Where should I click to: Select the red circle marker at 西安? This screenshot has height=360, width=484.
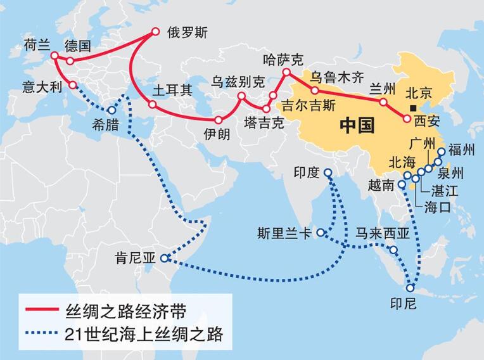[x=407, y=119]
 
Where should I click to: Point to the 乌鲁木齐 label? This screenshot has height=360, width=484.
[x=338, y=78]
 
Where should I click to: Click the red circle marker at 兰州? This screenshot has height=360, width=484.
[x=382, y=101]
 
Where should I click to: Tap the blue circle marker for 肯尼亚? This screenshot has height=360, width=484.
[x=164, y=258]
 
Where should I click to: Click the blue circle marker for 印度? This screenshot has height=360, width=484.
[x=328, y=172]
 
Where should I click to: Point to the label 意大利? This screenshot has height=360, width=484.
[x=41, y=84]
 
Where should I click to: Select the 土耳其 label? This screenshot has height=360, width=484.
[x=172, y=89]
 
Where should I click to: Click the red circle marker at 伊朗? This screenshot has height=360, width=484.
[x=219, y=120]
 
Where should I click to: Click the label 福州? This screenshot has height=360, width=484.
[x=461, y=150]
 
